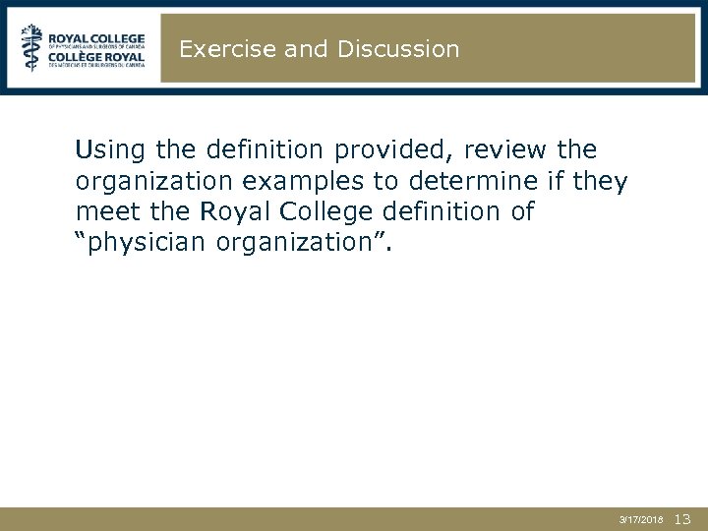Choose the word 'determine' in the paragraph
click(462, 181)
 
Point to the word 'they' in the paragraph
click(598, 181)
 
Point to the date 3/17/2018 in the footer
click(641, 519)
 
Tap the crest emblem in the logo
click(32, 46)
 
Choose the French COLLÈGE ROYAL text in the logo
click(96, 56)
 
